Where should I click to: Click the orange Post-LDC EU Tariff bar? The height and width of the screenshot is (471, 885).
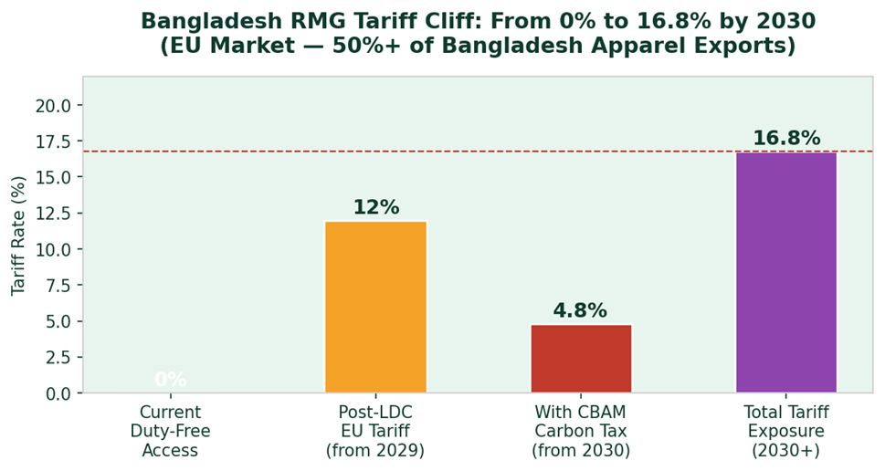pyautogui.click(x=375, y=307)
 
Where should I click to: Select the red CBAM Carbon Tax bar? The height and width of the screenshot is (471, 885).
pyautogui.click(x=581, y=358)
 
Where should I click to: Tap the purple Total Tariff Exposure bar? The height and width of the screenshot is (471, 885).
pyautogui.click(x=786, y=272)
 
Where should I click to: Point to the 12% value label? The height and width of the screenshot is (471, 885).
pyautogui.click(x=375, y=207)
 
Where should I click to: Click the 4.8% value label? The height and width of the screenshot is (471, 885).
pyautogui.click(x=580, y=310)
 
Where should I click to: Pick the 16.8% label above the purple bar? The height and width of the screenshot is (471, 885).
pyautogui.click(x=786, y=138)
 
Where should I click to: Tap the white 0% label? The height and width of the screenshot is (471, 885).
pyautogui.click(x=170, y=380)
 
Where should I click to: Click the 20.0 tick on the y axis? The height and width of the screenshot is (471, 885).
pyautogui.click(x=53, y=105)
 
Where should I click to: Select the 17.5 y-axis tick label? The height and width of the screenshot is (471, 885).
pyautogui.click(x=53, y=141)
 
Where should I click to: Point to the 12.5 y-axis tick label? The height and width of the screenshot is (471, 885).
pyautogui.click(x=53, y=214)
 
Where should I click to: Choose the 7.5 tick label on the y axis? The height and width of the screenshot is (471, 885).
pyautogui.click(x=58, y=286)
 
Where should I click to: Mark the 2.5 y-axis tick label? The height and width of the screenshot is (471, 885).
pyautogui.click(x=58, y=358)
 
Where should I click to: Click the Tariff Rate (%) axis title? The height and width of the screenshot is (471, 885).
pyautogui.click(x=18, y=235)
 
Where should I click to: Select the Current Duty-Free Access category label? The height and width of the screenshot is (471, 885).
pyautogui.click(x=170, y=431)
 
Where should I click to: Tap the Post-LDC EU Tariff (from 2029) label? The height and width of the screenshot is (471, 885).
pyautogui.click(x=375, y=431)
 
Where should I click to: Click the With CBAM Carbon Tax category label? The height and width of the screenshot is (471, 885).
pyautogui.click(x=581, y=431)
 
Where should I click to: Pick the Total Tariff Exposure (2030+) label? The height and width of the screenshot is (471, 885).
pyautogui.click(x=786, y=431)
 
